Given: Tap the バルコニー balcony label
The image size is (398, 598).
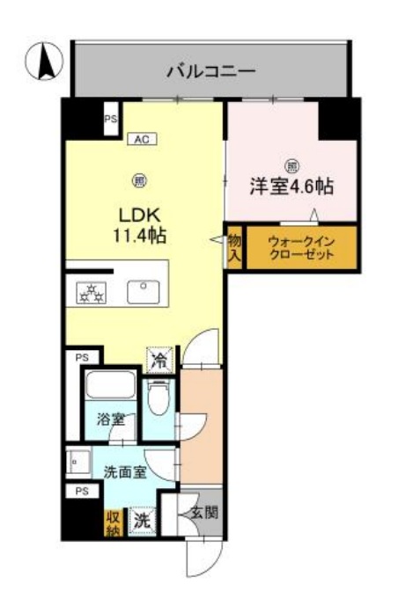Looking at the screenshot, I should pos(211,70).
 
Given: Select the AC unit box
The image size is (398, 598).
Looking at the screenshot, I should pos(141,138).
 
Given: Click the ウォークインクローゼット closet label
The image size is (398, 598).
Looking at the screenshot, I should pos(301,246).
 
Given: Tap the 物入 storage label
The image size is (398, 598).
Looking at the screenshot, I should pos(235,247).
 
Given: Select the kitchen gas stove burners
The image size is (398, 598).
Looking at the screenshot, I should pos(92,291).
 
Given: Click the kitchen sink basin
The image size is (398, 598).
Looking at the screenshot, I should pos(142,291).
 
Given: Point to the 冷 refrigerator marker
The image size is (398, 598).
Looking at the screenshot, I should pos(159,360).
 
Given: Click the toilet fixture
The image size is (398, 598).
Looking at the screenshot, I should pos(158,400).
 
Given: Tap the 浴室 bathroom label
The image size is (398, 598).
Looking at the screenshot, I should pos(110,419).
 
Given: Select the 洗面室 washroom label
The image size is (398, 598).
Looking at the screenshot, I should pos(125,472).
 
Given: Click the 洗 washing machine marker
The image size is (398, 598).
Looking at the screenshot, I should pos(141,520).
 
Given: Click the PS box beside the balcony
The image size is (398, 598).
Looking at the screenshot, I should pos(110,119).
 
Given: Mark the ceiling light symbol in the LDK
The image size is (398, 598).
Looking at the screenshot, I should pos(139,181).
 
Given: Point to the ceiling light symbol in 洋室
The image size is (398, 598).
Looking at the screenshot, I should pos(291,164).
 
